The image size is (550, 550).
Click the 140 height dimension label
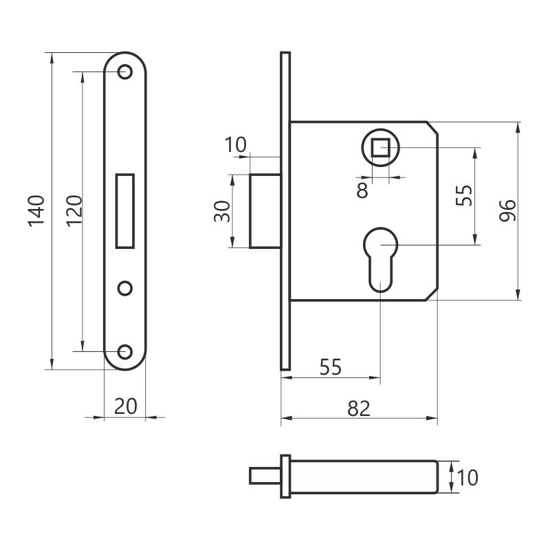36,211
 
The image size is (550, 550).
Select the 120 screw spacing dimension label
74,211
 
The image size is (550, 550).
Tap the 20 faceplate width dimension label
126,406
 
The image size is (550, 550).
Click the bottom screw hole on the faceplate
125,351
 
